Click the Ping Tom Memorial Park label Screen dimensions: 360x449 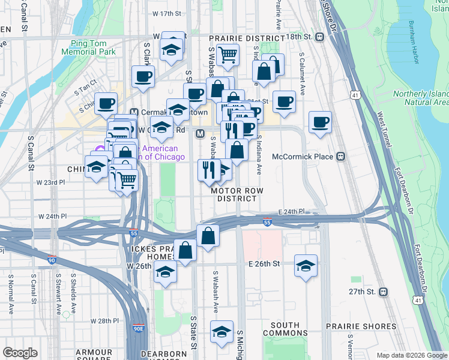coord(92,47)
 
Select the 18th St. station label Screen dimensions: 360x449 coord(300,37)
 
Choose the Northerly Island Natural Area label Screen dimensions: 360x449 coord(420,98)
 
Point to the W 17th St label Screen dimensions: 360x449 coord(167,13)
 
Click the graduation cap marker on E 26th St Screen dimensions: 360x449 coord(306,265)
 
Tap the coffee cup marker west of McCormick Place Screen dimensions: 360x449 coord(320,122)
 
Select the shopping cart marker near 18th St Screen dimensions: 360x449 coord(228,55)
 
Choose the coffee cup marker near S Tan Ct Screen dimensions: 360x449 coord(106,103)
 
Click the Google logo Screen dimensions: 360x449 coord(20,353)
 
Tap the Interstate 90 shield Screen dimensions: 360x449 coord(52,259)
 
